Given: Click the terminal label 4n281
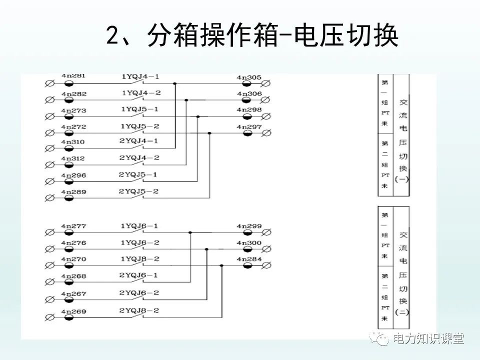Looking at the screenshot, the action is point(73,76).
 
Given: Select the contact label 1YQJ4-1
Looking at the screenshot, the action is point(140,77).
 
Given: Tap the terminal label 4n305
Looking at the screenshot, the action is point(249,77).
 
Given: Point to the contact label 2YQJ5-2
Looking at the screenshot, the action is point(138,191).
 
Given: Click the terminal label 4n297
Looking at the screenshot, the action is point(249,127).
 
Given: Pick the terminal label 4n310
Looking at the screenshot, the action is point(73,142).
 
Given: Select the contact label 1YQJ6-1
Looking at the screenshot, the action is point(139,226).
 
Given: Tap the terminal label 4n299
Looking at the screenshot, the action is point(249,226).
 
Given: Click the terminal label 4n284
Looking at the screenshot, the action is point(249,259).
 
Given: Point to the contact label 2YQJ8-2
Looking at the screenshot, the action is point(138,310).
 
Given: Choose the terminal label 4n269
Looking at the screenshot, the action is point(73,311).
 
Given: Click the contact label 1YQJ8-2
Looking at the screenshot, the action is point(139,259).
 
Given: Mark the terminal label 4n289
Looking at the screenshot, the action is point(73,191).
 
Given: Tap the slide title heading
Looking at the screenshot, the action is point(252,36).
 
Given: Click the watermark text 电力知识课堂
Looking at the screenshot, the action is point(428,338).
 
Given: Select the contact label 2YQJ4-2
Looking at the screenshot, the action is point(139,158).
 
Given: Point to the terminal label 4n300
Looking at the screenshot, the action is point(249,242).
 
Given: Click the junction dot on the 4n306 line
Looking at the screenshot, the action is point(186,100).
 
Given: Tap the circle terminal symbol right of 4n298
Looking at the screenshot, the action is point(267,116).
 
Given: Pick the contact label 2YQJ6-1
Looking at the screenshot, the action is point(138,275).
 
